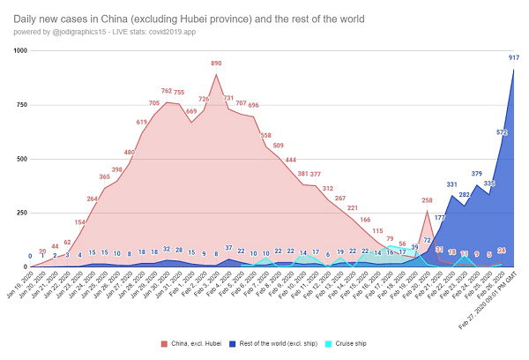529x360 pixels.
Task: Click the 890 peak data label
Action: [x=216, y=64]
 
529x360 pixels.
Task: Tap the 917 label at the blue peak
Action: [x=513, y=58]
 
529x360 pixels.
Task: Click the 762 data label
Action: [x=167, y=91]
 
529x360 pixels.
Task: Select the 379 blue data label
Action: [x=477, y=174]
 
